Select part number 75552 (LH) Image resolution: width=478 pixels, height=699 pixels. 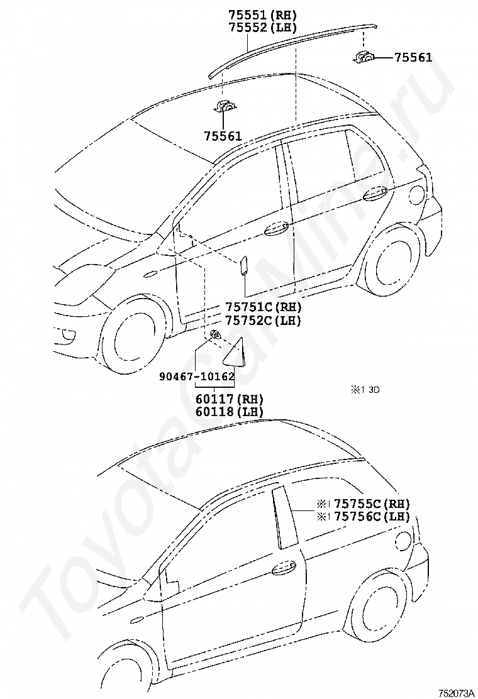pos(262,27)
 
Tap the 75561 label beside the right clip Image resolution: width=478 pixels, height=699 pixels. pos(413,57)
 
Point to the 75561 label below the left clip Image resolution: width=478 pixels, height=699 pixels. pos(223,136)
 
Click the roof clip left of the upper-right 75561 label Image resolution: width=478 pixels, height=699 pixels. pos(364,57)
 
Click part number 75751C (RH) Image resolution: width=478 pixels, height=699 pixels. pos(264,307)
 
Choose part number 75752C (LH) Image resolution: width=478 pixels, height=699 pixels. pos(264,320)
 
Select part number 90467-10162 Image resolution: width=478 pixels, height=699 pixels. pos(196,377)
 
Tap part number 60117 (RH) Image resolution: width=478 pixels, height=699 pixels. pos(229,399)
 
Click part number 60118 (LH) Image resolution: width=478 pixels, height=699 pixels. pos(229,412)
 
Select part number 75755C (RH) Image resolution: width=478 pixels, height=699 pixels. pos(372,504)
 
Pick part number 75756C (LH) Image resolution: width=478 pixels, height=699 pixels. pos(372,516)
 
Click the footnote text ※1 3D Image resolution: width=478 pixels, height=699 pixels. pos(365,390)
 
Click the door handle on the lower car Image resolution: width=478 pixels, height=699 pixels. pos(284,567)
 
